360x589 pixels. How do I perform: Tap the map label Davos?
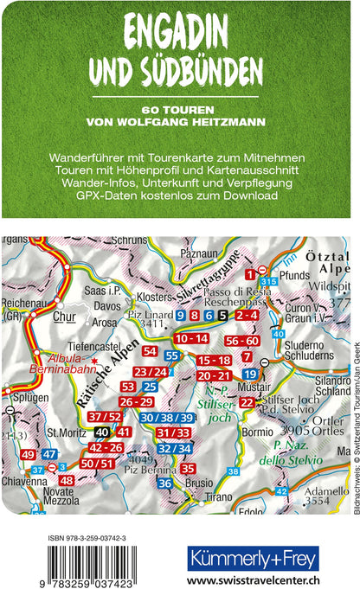(107, 281)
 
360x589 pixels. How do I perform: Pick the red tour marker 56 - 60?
(241, 341)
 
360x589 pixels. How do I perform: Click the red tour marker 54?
(150, 350)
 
